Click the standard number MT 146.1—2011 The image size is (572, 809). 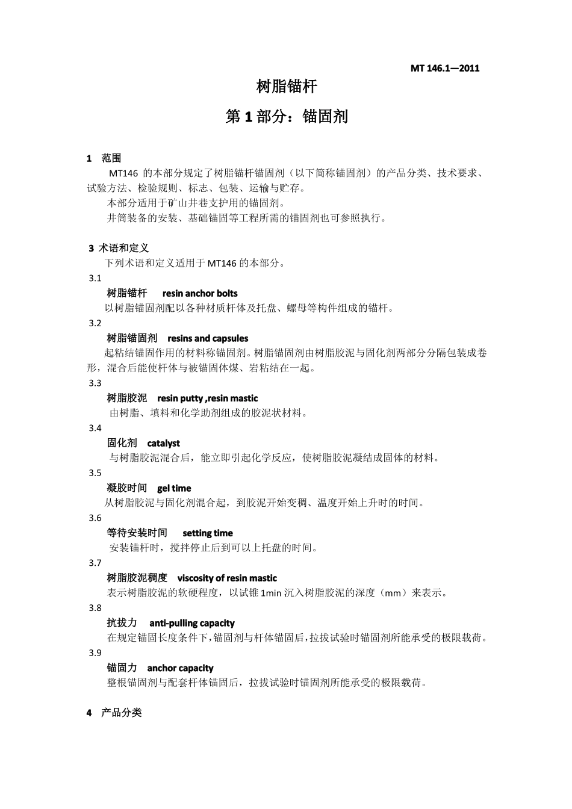445,68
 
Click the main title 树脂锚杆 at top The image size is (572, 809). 287,87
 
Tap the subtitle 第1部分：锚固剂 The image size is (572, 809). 287,116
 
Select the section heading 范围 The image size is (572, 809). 111,158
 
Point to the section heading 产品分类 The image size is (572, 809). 122,713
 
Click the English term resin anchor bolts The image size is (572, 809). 200,294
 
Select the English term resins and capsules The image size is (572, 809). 208,338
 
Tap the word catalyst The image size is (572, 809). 163,444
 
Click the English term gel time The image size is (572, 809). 174,488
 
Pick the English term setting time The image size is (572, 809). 208,533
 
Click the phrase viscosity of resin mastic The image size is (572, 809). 227,578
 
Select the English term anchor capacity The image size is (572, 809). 180,668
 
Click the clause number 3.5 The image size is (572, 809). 95,473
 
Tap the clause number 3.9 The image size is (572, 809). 95,653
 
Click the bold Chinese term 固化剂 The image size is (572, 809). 122,444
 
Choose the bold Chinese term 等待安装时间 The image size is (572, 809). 137,533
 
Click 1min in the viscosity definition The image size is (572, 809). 271,594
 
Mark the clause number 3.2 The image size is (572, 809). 95,323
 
